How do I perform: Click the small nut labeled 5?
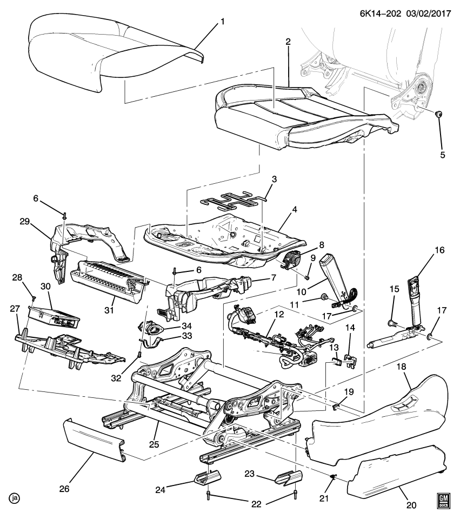[x=439, y=114]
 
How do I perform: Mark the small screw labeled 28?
[x=34, y=297]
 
